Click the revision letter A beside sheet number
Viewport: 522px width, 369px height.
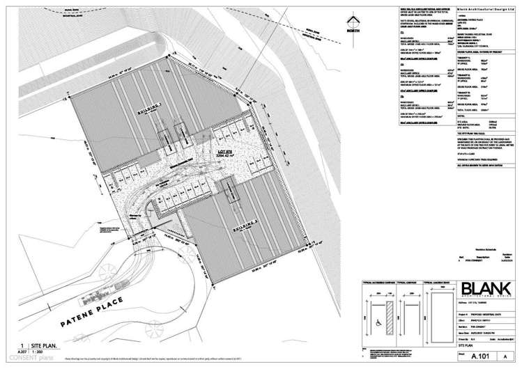(506, 354)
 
